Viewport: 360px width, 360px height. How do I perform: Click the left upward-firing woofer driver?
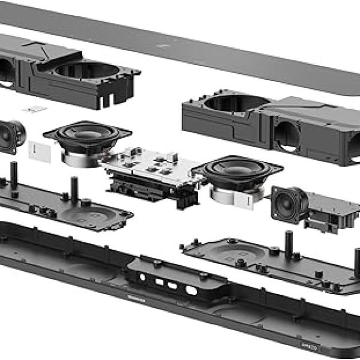[88, 134]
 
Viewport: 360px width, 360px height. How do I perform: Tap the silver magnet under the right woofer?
[231, 193]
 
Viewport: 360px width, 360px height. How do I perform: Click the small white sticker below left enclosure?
[37, 109]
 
